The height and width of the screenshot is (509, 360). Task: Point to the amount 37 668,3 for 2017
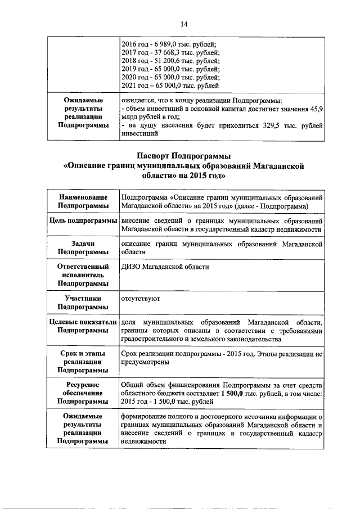click(165, 52)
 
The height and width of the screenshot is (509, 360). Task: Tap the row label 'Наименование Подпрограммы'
click(83, 202)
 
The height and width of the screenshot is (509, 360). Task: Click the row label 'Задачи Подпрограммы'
click(83, 248)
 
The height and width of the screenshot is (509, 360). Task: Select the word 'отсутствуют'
click(141, 299)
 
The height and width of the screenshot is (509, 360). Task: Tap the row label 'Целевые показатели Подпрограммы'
click(83, 327)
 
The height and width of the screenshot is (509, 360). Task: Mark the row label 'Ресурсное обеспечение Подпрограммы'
click(83, 393)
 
